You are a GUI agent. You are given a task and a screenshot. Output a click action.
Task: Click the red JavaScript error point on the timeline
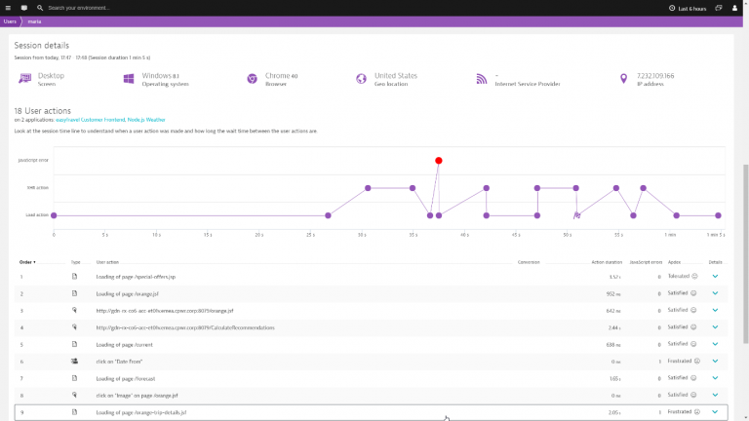pos(439,160)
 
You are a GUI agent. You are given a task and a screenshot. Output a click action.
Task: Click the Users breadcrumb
pos(11,20)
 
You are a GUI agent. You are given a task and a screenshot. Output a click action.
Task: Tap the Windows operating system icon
pos(129,78)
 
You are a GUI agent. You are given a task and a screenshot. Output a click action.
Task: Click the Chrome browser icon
pos(252,78)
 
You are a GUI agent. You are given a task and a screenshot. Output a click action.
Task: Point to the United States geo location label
pos(395,75)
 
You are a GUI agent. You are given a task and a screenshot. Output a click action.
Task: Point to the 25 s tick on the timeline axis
pos(310,235)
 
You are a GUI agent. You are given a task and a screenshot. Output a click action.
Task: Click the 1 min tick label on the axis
pos(670,235)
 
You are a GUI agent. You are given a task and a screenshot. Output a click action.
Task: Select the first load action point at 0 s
pos(54,215)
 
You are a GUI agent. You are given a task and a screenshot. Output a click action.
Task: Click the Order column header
pos(27,262)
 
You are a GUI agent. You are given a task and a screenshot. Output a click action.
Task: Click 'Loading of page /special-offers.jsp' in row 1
pos(136,277)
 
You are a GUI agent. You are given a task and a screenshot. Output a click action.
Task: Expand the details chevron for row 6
pos(715,361)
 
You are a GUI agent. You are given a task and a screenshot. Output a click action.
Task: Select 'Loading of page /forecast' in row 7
pos(127,378)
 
